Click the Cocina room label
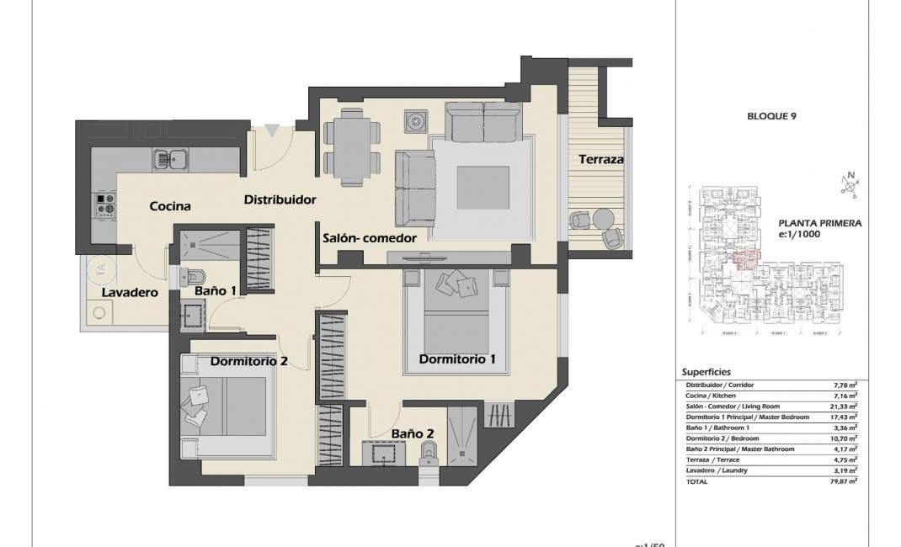coord(170,206)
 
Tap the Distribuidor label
coord(280,200)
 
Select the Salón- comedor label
coord(370,238)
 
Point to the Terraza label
coord(600,159)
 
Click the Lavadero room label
coord(131,293)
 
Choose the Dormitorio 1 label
coord(456,359)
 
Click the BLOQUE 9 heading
coord(772,116)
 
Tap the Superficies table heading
coord(706,372)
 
